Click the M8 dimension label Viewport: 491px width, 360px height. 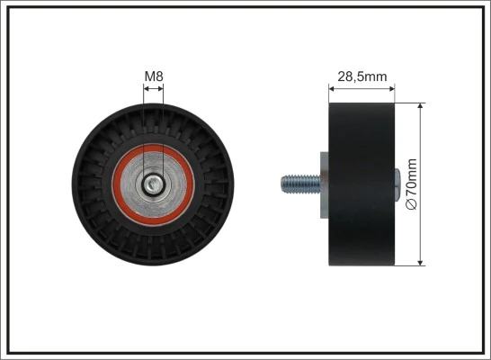point(154,76)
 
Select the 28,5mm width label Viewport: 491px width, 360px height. point(362,76)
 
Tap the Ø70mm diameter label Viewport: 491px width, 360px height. point(413,184)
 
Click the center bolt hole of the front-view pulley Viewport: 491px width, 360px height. point(155,184)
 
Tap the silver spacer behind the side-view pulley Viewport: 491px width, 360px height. point(321,184)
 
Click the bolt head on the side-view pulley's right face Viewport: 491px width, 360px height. point(397,184)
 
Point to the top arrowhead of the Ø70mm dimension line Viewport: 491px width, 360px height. point(422,106)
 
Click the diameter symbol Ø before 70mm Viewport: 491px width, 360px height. point(413,205)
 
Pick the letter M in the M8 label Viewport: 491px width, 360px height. point(149,76)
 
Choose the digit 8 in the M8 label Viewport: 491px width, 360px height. point(159,76)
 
